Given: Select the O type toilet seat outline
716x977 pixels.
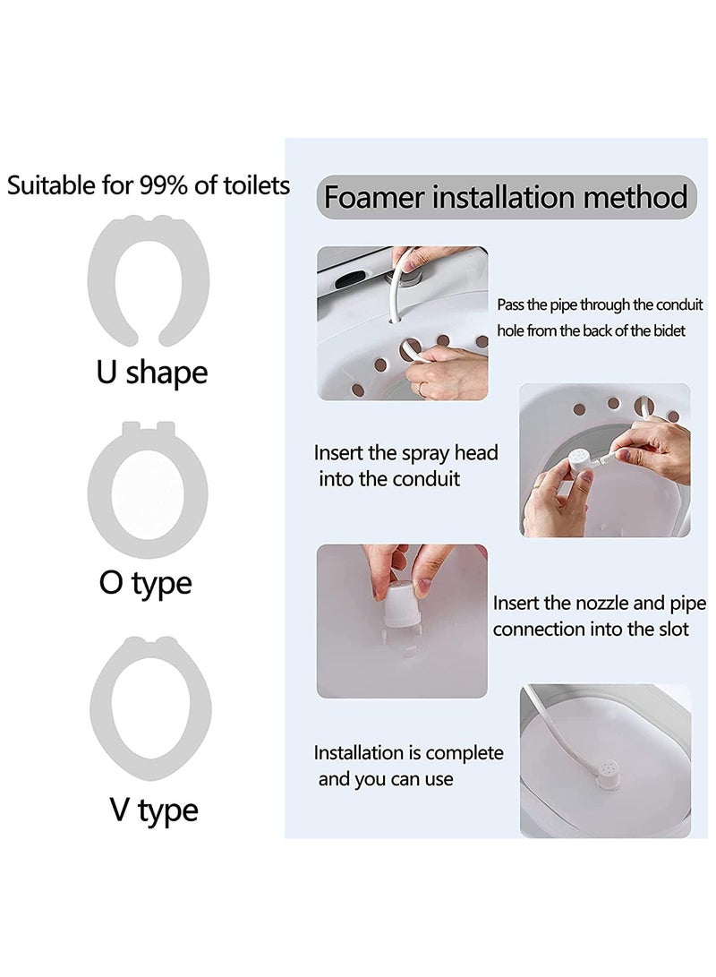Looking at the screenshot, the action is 98,493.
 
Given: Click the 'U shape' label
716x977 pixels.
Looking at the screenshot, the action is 152,373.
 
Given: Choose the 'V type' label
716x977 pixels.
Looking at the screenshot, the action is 154,810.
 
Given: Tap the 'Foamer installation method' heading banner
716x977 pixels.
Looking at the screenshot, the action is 507,197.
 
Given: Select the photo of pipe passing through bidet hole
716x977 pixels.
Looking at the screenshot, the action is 402,323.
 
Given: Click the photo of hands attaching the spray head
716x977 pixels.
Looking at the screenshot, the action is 604,459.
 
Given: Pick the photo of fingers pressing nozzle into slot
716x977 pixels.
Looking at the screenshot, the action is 402,621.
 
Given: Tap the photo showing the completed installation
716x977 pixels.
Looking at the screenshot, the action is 605,761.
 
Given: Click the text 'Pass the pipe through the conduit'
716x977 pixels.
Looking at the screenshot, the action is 600,304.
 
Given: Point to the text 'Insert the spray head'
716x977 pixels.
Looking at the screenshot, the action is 406,452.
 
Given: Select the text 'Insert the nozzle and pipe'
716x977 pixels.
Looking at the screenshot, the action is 600,604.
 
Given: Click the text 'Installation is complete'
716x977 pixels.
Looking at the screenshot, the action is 408,753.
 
